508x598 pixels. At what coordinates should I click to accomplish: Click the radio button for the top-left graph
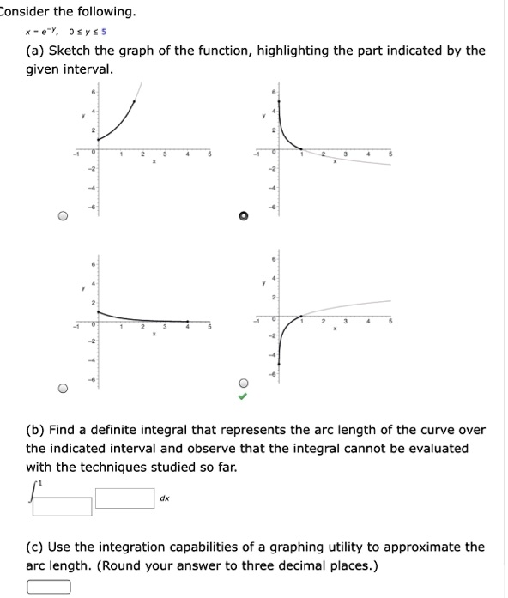(x=63, y=217)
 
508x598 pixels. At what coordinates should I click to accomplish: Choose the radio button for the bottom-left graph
(x=63, y=389)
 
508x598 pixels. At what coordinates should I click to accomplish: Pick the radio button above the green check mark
(x=244, y=383)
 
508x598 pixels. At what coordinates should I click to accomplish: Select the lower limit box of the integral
(x=62, y=506)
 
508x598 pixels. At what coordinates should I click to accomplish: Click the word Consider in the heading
(x=27, y=12)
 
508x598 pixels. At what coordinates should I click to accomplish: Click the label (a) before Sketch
(x=35, y=51)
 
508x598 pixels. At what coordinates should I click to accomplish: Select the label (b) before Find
(x=35, y=430)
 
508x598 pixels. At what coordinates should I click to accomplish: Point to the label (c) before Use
(x=35, y=547)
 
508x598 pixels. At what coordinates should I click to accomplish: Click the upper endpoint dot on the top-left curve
(x=132, y=101)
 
